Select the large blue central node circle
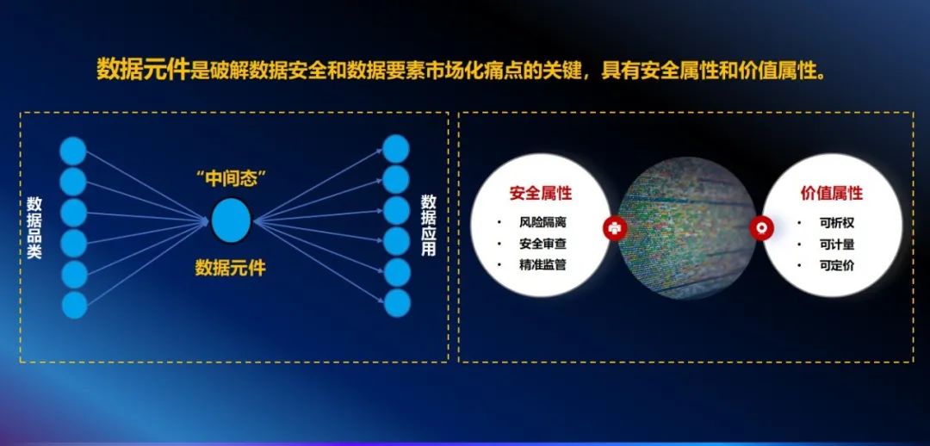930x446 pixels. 232,220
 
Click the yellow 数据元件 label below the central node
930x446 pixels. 231,268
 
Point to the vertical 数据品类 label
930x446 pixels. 34,228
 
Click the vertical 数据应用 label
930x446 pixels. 428,226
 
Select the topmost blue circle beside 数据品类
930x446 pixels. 73,151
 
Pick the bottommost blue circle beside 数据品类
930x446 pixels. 74,305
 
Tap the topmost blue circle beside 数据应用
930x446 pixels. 395,149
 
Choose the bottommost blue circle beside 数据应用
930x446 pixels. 397,303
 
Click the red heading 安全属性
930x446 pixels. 541,193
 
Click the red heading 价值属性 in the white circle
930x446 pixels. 832,194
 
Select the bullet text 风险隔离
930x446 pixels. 542,222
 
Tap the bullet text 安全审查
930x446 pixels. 542,244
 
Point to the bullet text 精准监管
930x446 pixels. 542,265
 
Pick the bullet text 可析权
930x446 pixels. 837,224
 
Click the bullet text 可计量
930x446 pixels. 837,245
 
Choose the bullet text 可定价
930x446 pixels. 837,266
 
